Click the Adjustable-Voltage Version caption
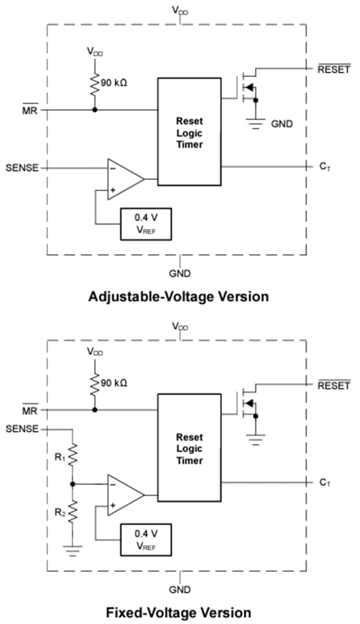click(x=179, y=297)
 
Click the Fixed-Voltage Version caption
click(x=179, y=613)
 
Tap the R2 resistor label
click(x=60, y=512)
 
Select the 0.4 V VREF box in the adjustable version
click(x=145, y=224)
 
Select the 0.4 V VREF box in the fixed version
click(x=145, y=540)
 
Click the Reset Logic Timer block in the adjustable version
click(x=189, y=132)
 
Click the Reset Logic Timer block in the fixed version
click(x=189, y=448)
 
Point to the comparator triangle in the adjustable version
click(x=124, y=179)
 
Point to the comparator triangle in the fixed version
click(x=124, y=495)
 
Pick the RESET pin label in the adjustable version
click(x=333, y=70)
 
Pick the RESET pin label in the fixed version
click(x=333, y=386)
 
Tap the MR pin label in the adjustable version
click(x=29, y=110)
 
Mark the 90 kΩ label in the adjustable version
click(x=114, y=83)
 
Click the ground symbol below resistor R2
click(x=73, y=549)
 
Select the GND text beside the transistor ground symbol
click(x=282, y=123)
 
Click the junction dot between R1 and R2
click(x=73, y=484)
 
